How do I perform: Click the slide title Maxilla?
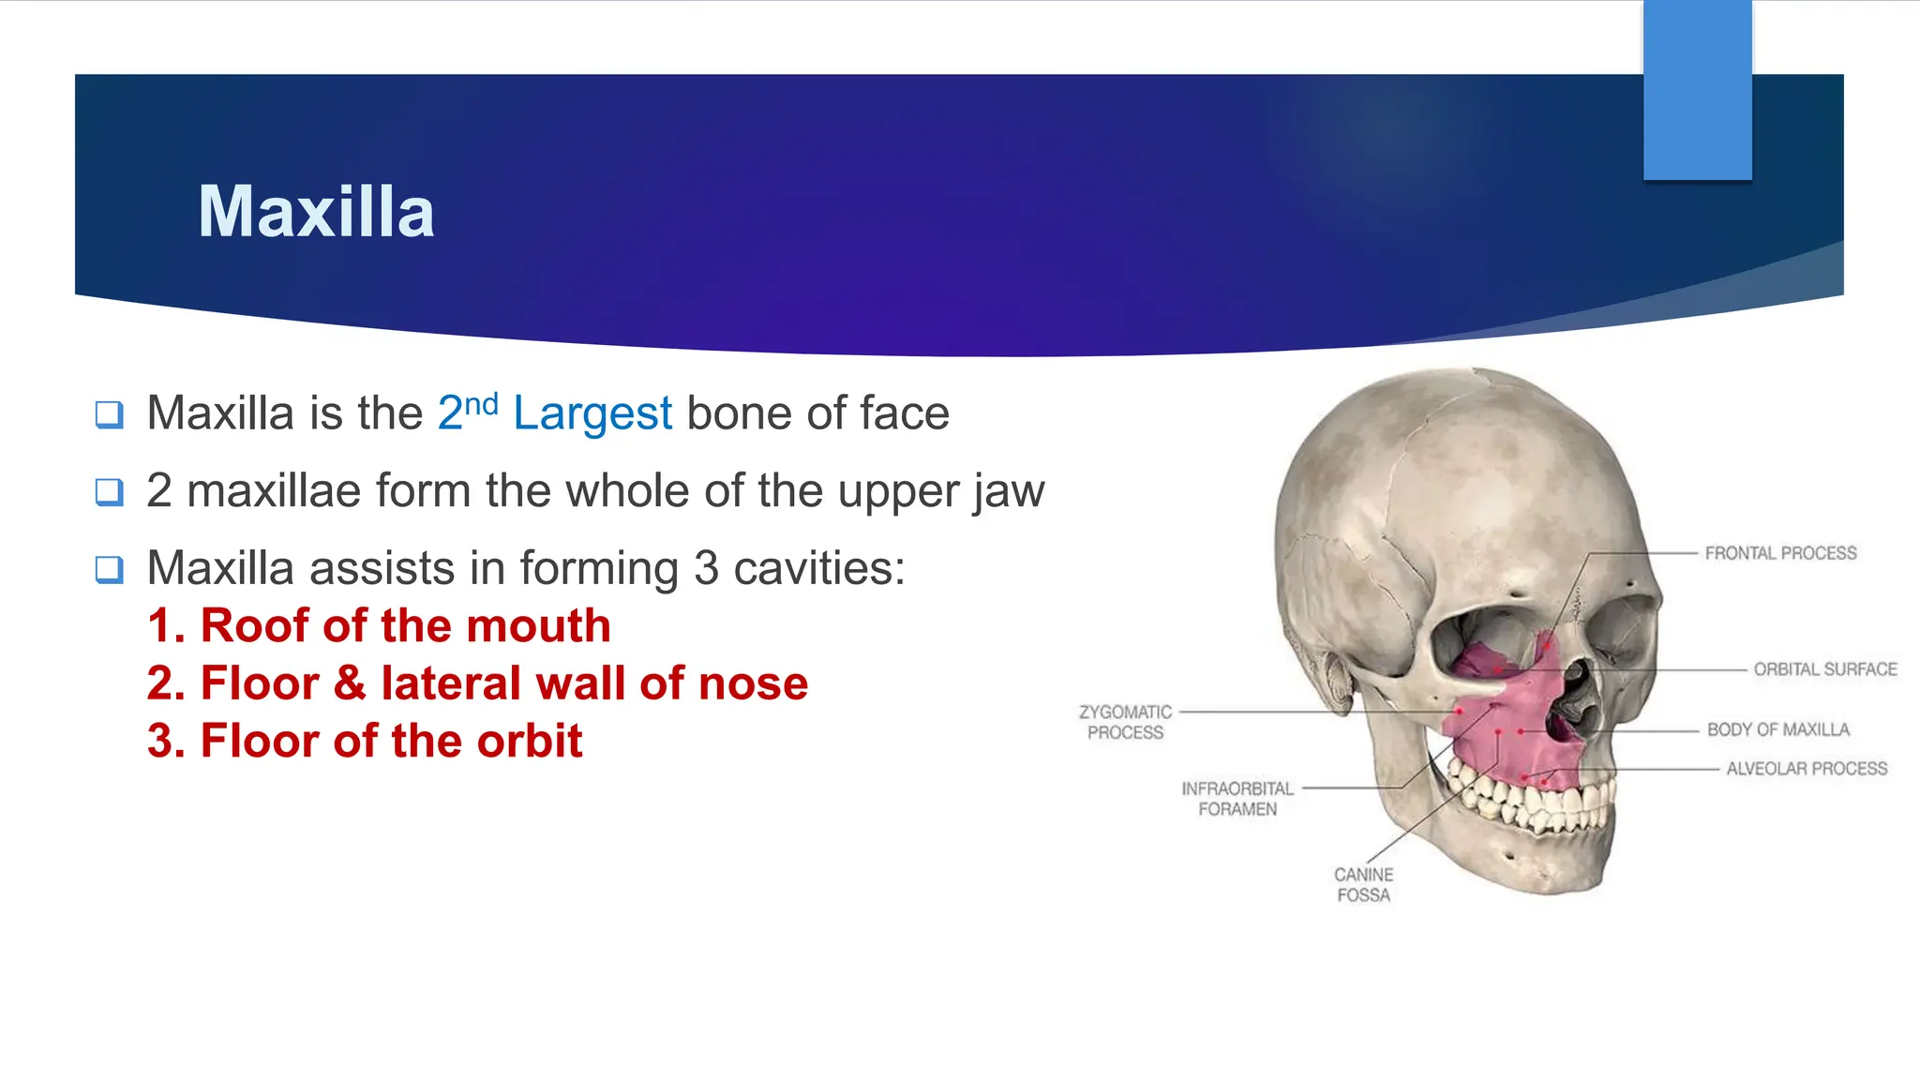[x=316, y=212]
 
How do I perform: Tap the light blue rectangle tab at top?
[x=1697, y=89]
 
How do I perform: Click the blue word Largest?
[x=592, y=413]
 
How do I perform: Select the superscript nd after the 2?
[x=481, y=404]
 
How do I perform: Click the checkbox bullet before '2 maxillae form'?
[x=110, y=491]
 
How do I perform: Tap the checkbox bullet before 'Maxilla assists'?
[x=110, y=569]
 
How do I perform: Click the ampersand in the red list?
[x=350, y=682]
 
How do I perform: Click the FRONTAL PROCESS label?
[x=1780, y=553]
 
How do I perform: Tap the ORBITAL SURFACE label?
[x=1825, y=669]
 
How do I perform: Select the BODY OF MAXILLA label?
[x=1777, y=729]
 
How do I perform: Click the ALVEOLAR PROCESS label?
[x=1807, y=769]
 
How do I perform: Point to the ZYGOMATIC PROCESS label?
[x=1125, y=722]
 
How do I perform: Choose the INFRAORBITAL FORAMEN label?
[x=1237, y=799]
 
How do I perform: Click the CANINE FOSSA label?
[x=1363, y=884]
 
